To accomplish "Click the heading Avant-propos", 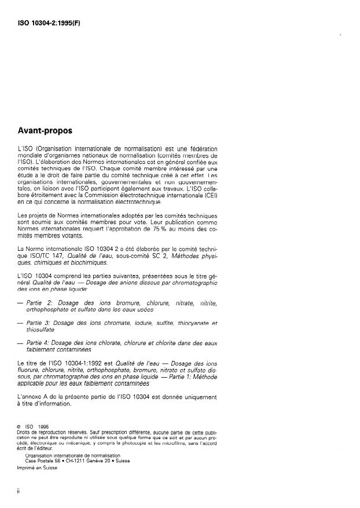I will point(48,131).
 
